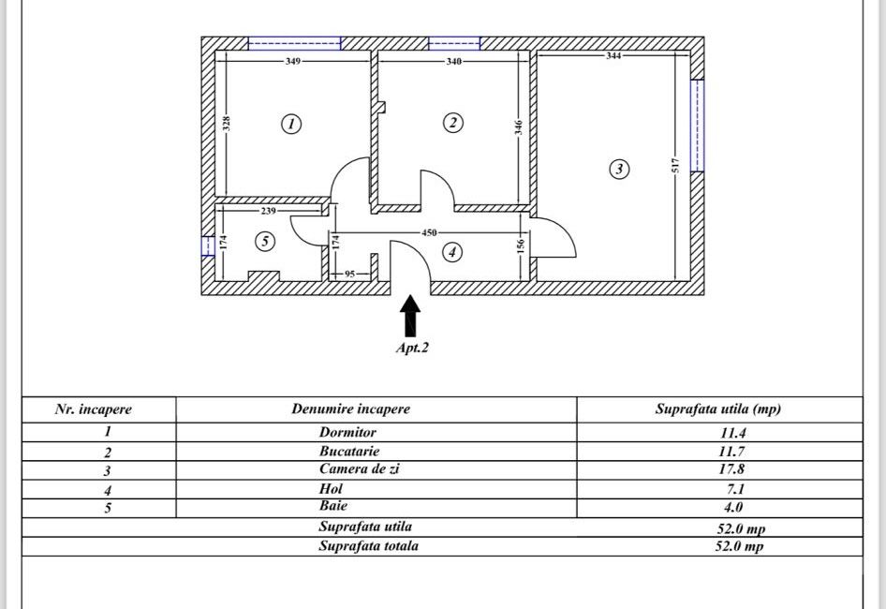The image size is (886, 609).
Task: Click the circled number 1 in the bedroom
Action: click(x=291, y=124)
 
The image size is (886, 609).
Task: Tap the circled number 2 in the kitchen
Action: click(x=452, y=123)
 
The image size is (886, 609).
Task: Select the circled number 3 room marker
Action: click(x=618, y=170)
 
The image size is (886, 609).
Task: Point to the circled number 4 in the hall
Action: click(x=452, y=252)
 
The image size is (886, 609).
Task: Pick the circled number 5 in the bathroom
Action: click(x=265, y=242)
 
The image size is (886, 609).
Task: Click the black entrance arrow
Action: click(x=410, y=317)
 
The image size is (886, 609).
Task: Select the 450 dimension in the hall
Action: click(x=430, y=231)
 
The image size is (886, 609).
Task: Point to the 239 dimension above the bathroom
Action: click(x=269, y=211)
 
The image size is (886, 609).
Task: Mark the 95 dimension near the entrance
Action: click(x=348, y=274)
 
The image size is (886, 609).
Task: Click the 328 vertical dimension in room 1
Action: click(x=227, y=122)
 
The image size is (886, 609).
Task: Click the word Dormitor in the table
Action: click(x=347, y=433)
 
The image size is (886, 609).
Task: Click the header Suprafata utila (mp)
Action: click(x=717, y=409)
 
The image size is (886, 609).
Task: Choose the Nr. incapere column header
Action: click(x=93, y=409)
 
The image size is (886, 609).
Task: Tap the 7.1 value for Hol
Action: click(x=731, y=488)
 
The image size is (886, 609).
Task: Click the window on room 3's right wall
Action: click(x=696, y=126)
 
